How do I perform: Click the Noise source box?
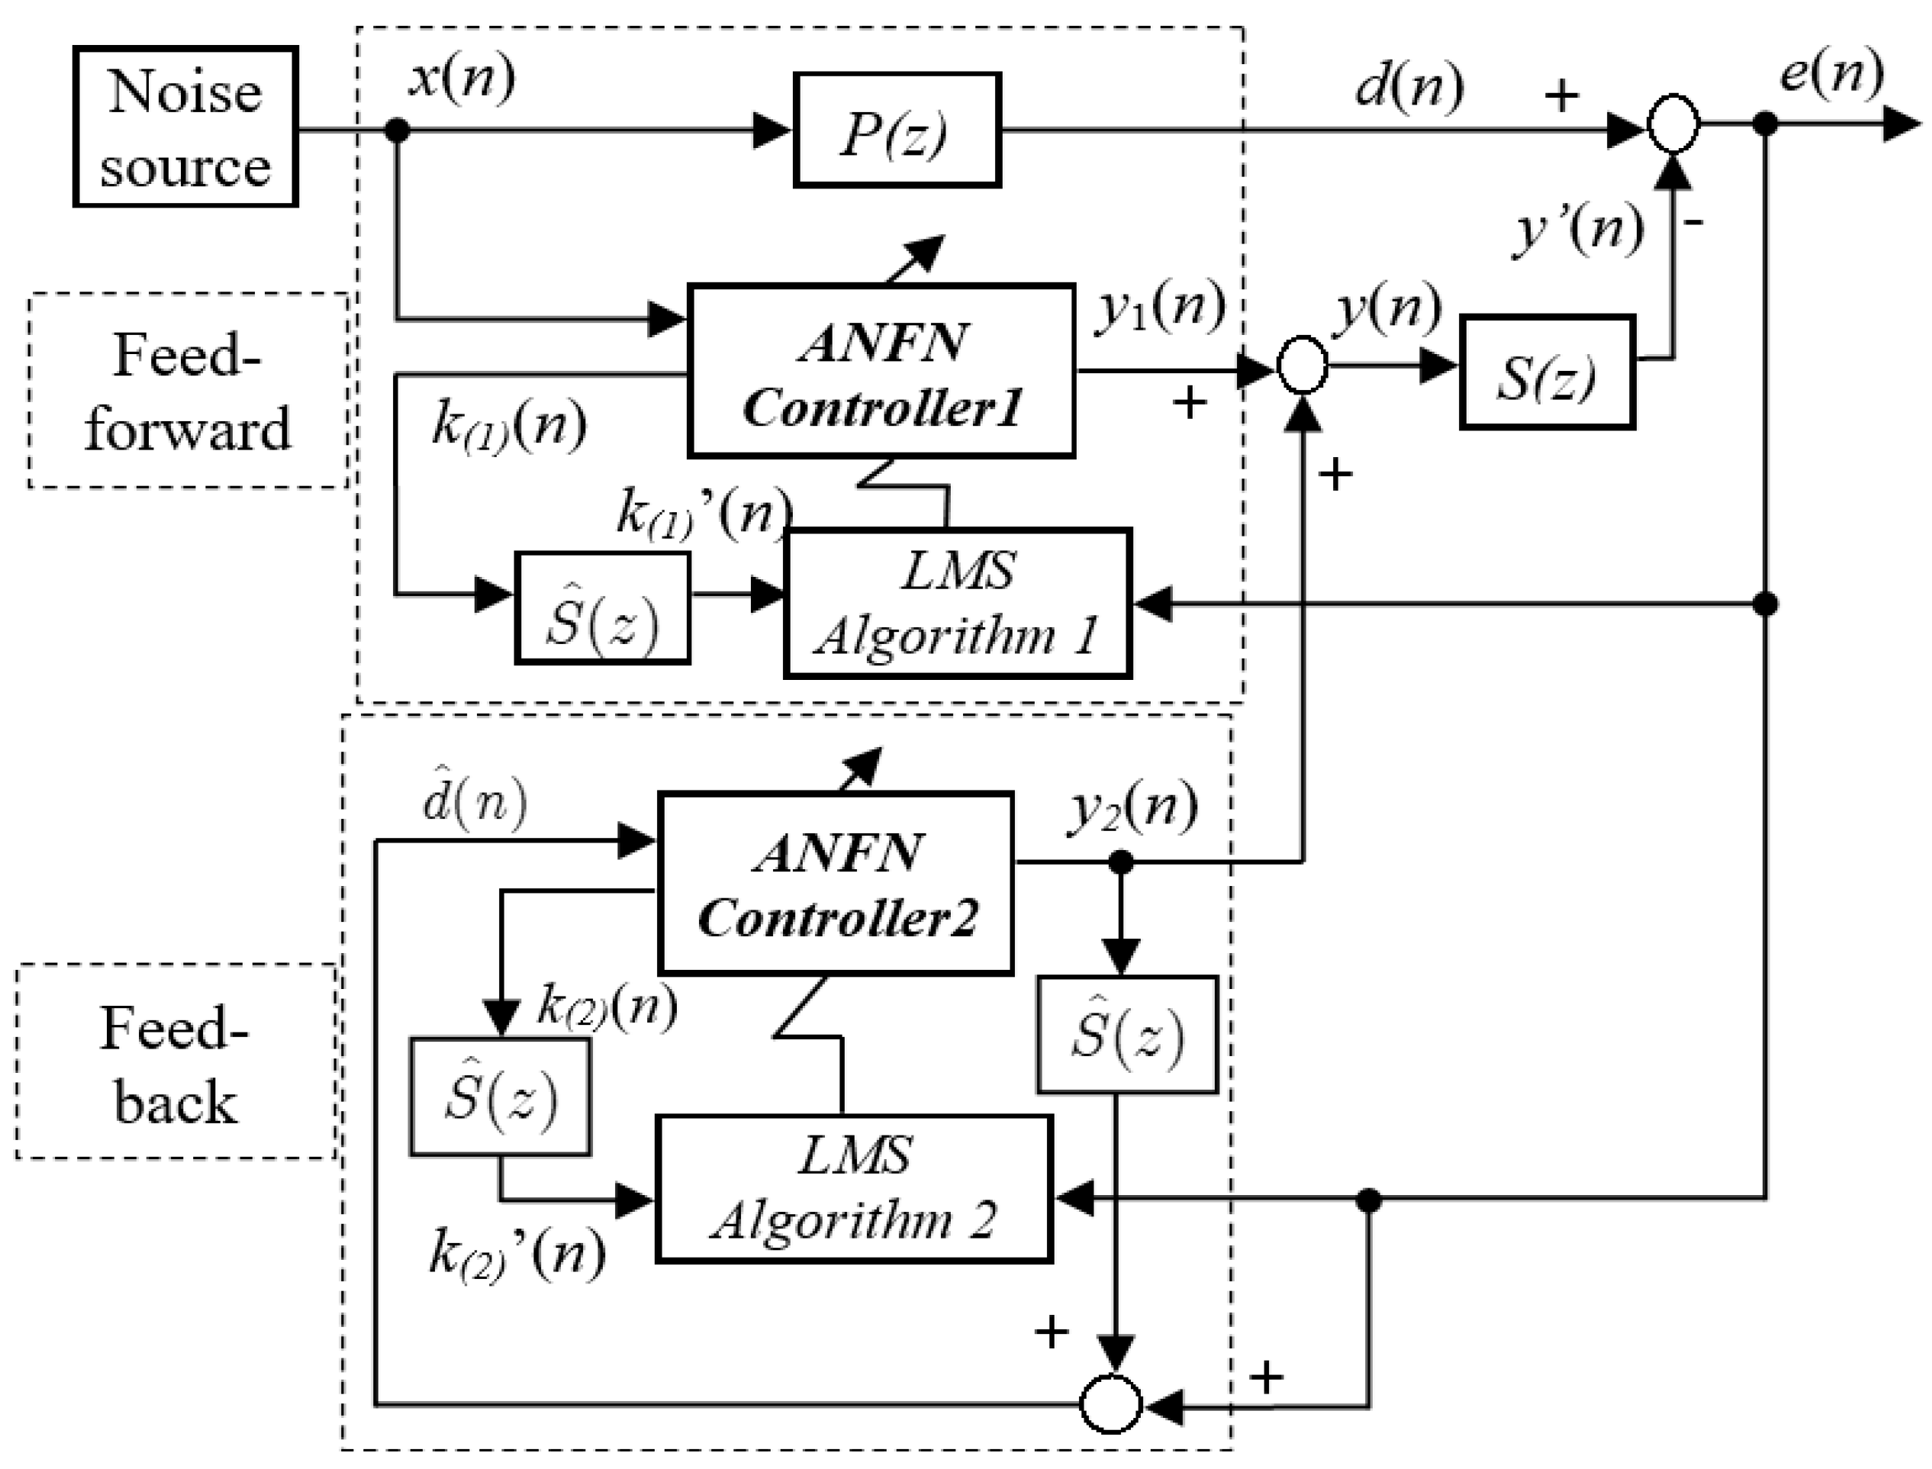click(185, 127)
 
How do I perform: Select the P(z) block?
click(897, 130)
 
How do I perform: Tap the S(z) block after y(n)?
click(1547, 372)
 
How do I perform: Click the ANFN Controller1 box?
click(881, 371)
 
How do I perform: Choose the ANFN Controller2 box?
click(836, 883)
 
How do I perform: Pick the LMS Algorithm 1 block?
click(958, 604)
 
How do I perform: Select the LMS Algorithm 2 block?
click(853, 1188)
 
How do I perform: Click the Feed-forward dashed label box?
click(188, 391)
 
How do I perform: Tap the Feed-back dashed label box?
click(175, 1062)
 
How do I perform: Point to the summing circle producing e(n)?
click(1673, 125)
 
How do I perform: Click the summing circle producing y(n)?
click(1303, 366)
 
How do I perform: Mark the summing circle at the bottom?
click(1111, 1405)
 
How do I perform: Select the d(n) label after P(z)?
click(1409, 88)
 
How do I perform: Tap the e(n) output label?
click(1831, 72)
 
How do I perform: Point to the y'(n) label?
click(1579, 230)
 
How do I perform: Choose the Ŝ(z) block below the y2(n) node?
click(1127, 1036)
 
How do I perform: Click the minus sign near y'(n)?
click(1693, 223)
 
